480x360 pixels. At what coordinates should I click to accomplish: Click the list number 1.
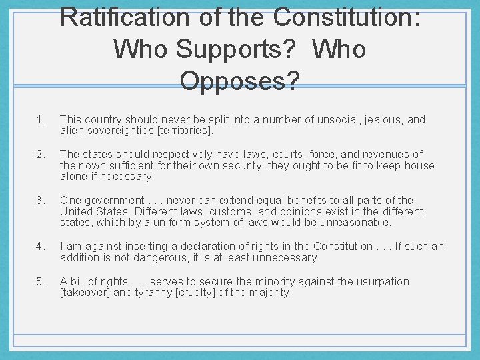[41, 120]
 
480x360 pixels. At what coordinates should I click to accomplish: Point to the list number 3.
[41, 200]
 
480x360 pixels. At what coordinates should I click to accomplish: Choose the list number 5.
[41, 281]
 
